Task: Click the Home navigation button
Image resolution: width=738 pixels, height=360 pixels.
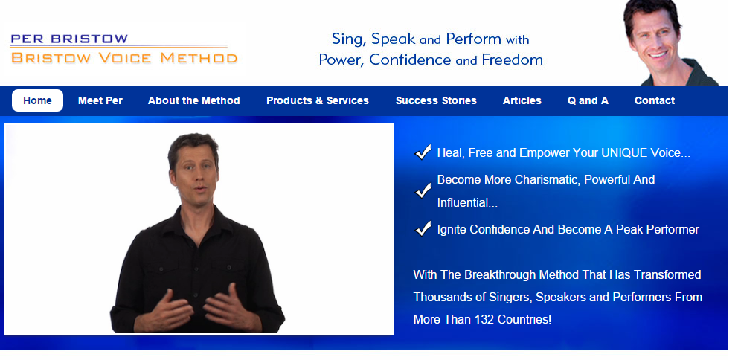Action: pos(38,100)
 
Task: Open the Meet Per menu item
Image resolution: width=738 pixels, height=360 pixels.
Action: pos(100,100)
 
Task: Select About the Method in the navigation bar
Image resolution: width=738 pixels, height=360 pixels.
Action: pos(194,100)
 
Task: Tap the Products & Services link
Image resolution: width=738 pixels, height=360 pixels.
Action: pos(318,100)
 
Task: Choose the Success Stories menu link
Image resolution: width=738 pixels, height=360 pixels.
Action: pos(436,100)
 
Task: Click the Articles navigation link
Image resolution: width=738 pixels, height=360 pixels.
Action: pos(522,100)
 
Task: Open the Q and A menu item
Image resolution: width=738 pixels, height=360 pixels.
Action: pos(588,100)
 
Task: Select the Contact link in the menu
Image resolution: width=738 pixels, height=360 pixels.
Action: pos(655,100)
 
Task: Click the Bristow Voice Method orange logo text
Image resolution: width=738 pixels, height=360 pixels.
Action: pos(124,58)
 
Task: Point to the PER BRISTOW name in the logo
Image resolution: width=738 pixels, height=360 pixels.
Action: pos(68,39)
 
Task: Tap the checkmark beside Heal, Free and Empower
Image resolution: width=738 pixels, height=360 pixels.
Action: pos(423,152)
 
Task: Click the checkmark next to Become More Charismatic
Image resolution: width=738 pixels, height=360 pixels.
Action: pos(423,190)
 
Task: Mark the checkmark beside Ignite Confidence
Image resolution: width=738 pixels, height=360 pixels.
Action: pos(423,228)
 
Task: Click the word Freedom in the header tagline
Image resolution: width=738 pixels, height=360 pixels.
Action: pos(512,60)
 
